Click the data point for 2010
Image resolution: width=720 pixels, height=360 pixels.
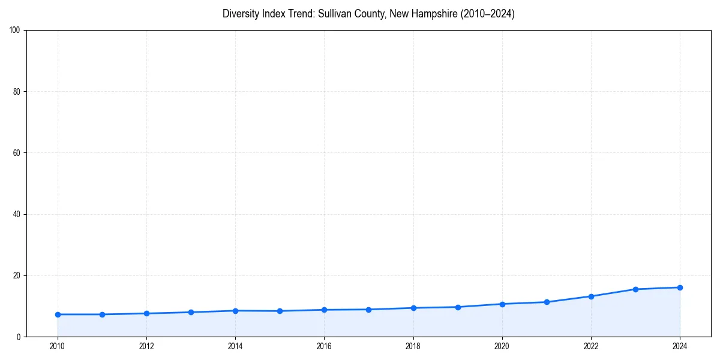tap(58, 314)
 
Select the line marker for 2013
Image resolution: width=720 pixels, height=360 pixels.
tap(191, 312)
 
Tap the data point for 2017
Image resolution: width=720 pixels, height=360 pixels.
tap(368, 310)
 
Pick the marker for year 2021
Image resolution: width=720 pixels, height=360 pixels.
tap(547, 302)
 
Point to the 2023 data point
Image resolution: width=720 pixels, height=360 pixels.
tap(635, 289)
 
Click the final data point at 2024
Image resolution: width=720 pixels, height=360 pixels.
tap(680, 287)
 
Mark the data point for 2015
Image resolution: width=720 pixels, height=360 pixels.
tap(280, 311)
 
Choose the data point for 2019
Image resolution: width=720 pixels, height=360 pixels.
tap(458, 307)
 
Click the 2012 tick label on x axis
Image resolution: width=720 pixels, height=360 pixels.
tap(146, 346)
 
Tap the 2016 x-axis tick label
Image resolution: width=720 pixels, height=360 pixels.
tap(324, 346)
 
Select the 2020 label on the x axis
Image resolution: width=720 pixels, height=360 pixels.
tap(502, 346)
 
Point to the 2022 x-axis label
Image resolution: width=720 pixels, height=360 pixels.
tap(591, 346)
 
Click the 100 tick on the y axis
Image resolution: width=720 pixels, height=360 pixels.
tap(15, 31)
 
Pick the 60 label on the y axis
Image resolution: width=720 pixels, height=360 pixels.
tap(17, 153)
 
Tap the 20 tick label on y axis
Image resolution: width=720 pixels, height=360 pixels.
tap(17, 275)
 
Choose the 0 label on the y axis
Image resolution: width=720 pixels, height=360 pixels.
tap(19, 337)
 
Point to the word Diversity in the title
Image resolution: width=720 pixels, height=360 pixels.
tap(241, 14)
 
